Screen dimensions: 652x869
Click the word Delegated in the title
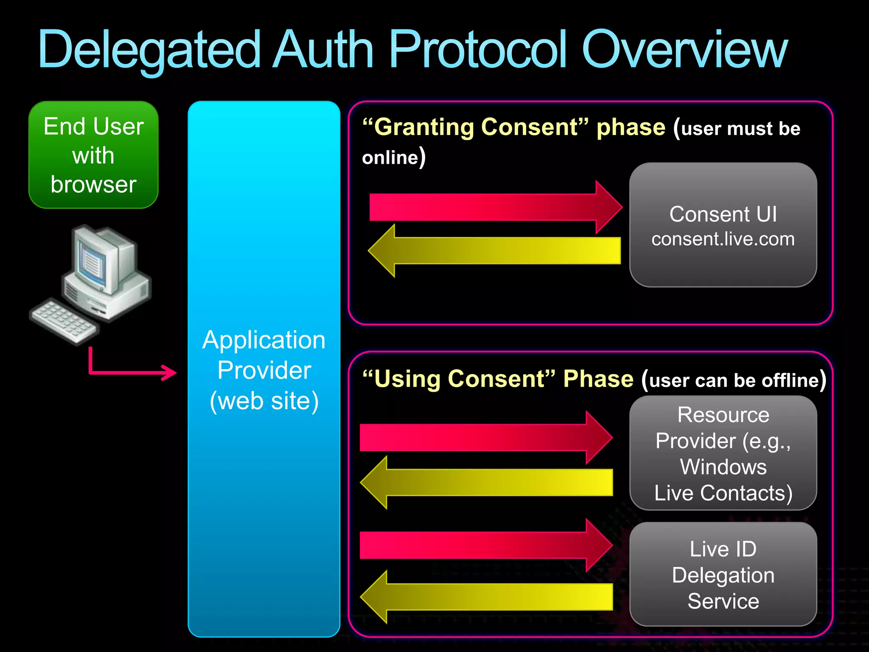(x=149, y=50)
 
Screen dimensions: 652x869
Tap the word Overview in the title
(x=684, y=50)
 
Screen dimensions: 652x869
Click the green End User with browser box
(x=93, y=155)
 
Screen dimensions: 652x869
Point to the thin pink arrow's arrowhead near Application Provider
(x=170, y=373)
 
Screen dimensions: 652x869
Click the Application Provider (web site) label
(x=264, y=370)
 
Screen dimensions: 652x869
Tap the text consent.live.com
(x=723, y=239)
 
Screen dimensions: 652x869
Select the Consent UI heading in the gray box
(x=723, y=214)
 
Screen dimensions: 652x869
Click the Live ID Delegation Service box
(x=723, y=575)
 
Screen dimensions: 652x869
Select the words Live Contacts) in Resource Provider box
(x=723, y=493)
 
